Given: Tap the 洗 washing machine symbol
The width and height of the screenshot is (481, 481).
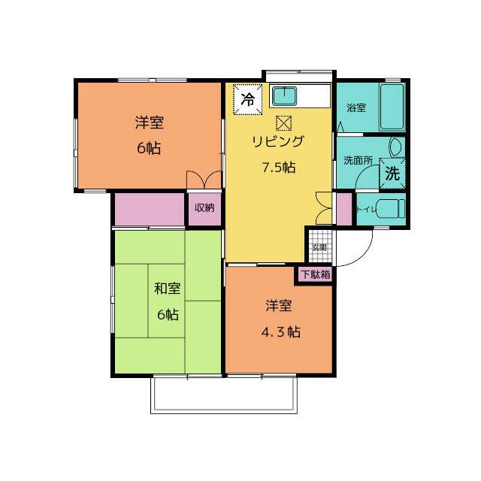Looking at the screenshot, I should (392, 171).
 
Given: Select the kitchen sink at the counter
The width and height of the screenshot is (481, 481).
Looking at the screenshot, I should (285, 96).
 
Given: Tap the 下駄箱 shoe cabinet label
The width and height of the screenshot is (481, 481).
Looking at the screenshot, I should (316, 274).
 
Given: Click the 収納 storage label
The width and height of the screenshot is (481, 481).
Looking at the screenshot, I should (204, 208).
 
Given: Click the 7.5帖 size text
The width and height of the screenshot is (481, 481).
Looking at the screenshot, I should (278, 167).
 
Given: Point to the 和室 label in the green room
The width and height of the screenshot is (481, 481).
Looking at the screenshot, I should (168, 289).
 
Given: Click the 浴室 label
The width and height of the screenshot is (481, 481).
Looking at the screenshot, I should (356, 107).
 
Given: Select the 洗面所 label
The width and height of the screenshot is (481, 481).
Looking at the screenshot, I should (358, 160).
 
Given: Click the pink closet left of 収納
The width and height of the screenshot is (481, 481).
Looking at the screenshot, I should (149, 208).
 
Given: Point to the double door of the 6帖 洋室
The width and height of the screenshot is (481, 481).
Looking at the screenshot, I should (204, 181).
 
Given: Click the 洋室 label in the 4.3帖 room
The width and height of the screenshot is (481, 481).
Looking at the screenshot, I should (278, 306).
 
